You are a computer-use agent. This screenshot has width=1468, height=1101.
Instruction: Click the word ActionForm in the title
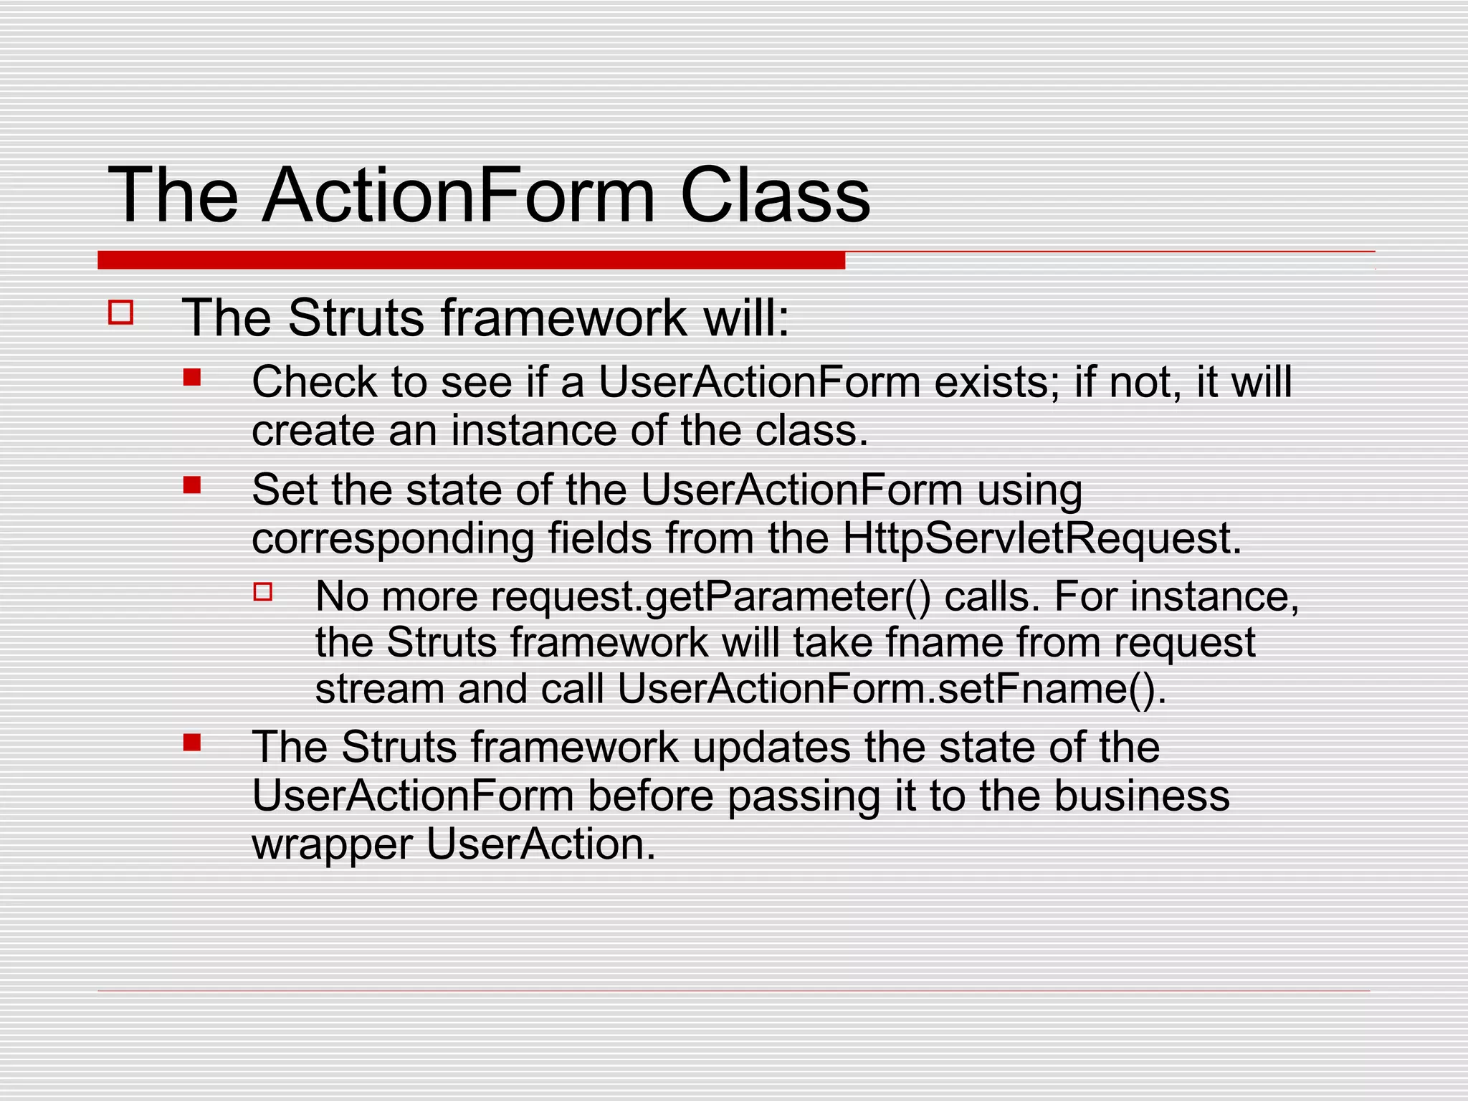(x=459, y=195)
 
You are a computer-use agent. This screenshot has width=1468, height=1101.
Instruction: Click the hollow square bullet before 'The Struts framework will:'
(x=120, y=313)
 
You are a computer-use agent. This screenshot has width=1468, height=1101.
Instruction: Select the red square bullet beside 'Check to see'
(x=191, y=377)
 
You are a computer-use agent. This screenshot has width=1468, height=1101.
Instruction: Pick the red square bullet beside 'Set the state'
(x=191, y=485)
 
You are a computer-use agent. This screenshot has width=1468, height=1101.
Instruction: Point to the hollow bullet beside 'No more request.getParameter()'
(x=263, y=591)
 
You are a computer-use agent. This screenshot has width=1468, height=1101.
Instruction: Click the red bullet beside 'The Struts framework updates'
(x=191, y=742)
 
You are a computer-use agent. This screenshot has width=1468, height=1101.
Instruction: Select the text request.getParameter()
(x=710, y=596)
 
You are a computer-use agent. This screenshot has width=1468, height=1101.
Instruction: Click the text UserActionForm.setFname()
(x=891, y=689)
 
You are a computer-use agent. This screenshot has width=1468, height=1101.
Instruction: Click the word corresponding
(x=393, y=539)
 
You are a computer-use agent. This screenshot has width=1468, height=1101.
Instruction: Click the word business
(x=1141, y=796)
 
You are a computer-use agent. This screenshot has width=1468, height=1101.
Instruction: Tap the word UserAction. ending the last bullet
(x=541, y=844)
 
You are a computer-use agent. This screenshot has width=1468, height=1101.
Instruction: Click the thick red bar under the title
(x=471, y=260)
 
